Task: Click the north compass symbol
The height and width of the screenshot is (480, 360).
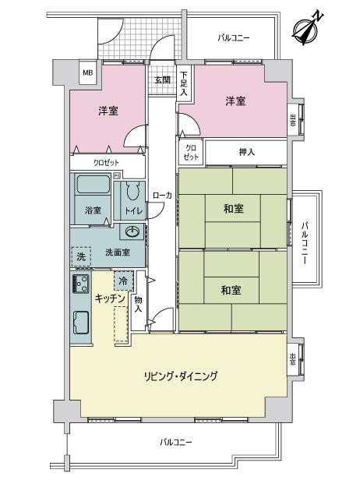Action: click(305, 26)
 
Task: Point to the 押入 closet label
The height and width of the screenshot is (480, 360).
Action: click(247, 152)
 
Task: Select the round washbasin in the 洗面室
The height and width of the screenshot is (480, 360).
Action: click(132, 231)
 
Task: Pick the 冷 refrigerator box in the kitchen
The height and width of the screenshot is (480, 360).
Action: click(122, 280)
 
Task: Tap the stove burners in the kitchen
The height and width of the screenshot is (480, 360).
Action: click(80, 283)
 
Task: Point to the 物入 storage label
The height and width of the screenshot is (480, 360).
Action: click(138, 304)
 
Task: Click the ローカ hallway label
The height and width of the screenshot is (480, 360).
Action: click(162, 196)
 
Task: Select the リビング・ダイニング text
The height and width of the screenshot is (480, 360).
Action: click(179, 376)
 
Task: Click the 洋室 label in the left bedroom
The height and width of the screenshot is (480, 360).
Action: click(108, 111)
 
